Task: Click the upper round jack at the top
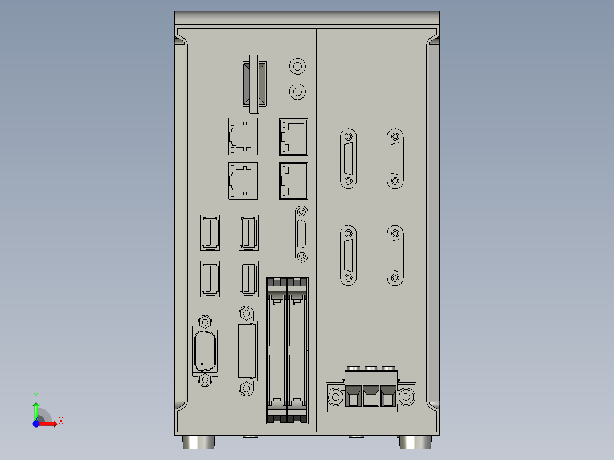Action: pos(297,67)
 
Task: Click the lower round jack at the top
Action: pos(297,91)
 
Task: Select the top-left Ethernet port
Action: pos(243,137)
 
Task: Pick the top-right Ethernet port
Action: pos(293,137)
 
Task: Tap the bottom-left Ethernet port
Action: pos(243,181)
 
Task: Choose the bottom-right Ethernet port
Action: pos(293,181)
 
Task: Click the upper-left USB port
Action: pos(210,232)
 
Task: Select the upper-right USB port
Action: pos(248,232)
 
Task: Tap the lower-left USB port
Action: pos(210,278)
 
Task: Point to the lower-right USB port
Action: pos(248,278)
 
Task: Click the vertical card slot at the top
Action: pos(254,83)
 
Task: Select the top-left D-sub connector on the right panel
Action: pos(348,159)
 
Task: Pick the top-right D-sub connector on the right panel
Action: pos(395,159)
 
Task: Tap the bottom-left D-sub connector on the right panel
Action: pos(348,255)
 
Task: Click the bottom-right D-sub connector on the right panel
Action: pos(395,255)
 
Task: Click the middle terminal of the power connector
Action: pos(371,395)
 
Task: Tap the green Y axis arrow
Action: pos(36,406)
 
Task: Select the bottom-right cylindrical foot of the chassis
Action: pos(416,442)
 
